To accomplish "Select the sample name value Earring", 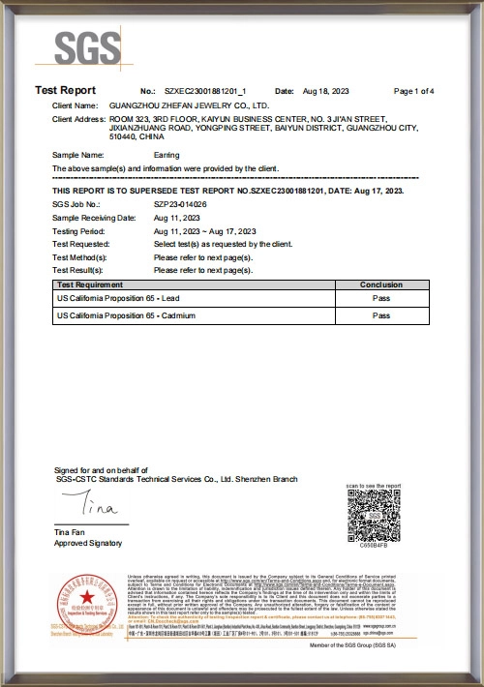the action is tap(166, 155).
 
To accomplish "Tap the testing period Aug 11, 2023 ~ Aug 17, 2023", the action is tap(204, 232).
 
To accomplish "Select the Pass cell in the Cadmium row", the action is tap(380, 315).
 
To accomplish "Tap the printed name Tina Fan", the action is tap(70, 534).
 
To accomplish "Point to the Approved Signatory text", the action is tap(84, 545).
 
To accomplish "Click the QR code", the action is tap(372, 514).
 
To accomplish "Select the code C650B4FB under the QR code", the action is tap(373, 546).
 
